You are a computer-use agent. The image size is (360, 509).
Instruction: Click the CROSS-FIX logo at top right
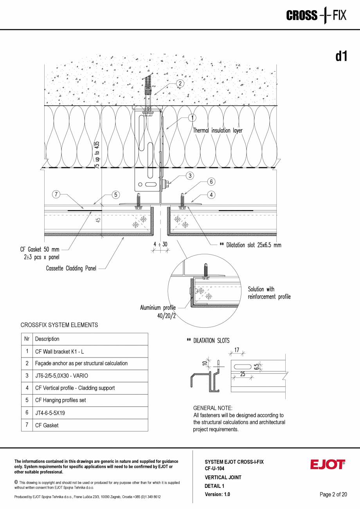point(316,16)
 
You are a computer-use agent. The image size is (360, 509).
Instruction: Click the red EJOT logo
point(328,464)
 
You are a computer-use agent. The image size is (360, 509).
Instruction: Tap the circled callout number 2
point(180,83)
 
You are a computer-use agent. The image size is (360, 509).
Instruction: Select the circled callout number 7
point(56,194)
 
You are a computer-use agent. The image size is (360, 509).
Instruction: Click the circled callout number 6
point(211,182)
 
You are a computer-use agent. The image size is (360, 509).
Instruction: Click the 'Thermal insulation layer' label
point(218,130)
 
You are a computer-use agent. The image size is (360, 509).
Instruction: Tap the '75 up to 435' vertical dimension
point(97,155)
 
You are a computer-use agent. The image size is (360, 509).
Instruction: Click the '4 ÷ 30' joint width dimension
point(161,244)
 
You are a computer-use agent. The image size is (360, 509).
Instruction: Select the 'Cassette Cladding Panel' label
point(71,269)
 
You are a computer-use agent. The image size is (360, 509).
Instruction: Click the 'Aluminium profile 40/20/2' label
point(158,312)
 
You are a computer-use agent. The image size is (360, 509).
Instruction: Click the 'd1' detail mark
point(341,57)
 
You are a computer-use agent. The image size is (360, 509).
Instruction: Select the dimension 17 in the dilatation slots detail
point(237,350)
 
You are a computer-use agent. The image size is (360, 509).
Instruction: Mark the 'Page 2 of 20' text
point(333,495)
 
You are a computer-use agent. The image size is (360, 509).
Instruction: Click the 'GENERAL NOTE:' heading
point(212,408)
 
